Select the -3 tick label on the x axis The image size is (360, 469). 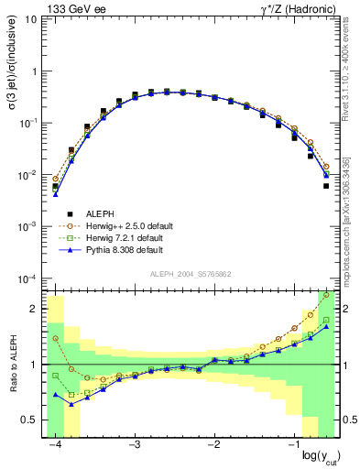(134, 444)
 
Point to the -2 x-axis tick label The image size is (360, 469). (213, 444)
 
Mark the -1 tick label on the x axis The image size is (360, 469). (291, 444)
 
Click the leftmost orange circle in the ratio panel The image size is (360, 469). (56, 338)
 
